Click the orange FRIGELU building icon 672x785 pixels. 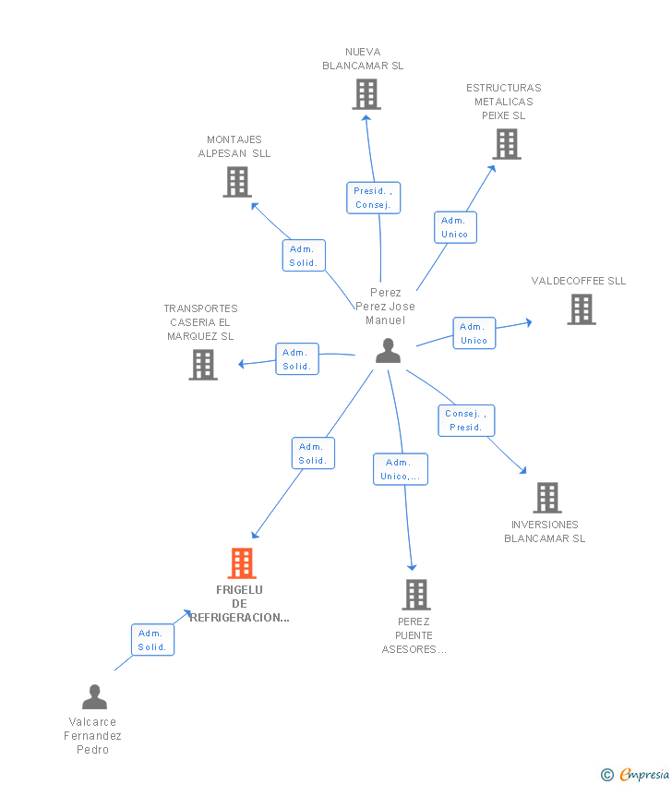coord(242,563)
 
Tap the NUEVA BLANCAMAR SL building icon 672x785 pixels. coord(366,94)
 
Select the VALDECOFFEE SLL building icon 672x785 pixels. coord(582,309)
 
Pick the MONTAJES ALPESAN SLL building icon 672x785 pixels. coord(237,182)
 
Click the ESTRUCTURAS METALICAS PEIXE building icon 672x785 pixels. coord(507,144)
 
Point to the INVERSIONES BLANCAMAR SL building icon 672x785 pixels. coord(547,498)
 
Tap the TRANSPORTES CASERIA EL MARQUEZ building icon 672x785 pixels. coord(203,365)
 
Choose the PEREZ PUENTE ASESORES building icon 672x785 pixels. coord(416,595)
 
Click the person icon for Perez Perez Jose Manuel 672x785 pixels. coord(389,350)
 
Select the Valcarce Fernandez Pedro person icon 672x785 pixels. coord(94,697)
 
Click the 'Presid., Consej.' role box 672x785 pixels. coord(374,198)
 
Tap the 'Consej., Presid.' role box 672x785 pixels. coord(466,420)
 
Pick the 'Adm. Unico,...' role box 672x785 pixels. coord(401,469)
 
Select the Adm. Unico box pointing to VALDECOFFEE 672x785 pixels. coord(474,332)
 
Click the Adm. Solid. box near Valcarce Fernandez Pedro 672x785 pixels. coord(152,640)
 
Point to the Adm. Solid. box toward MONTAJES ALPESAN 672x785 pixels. coord(304,255)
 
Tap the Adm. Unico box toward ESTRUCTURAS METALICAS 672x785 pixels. coord(455,227)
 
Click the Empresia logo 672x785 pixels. coord(635,774)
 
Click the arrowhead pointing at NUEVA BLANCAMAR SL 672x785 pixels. coord(366,118)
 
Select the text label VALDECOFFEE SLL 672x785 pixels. coord(579,281)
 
